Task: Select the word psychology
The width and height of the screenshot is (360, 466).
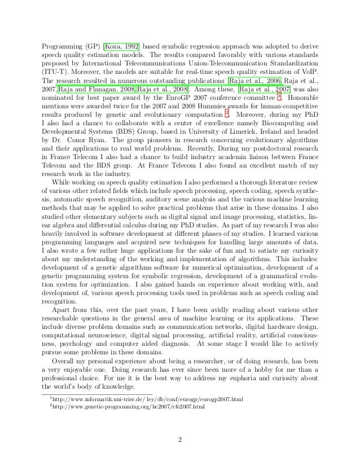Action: coord(73,339)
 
